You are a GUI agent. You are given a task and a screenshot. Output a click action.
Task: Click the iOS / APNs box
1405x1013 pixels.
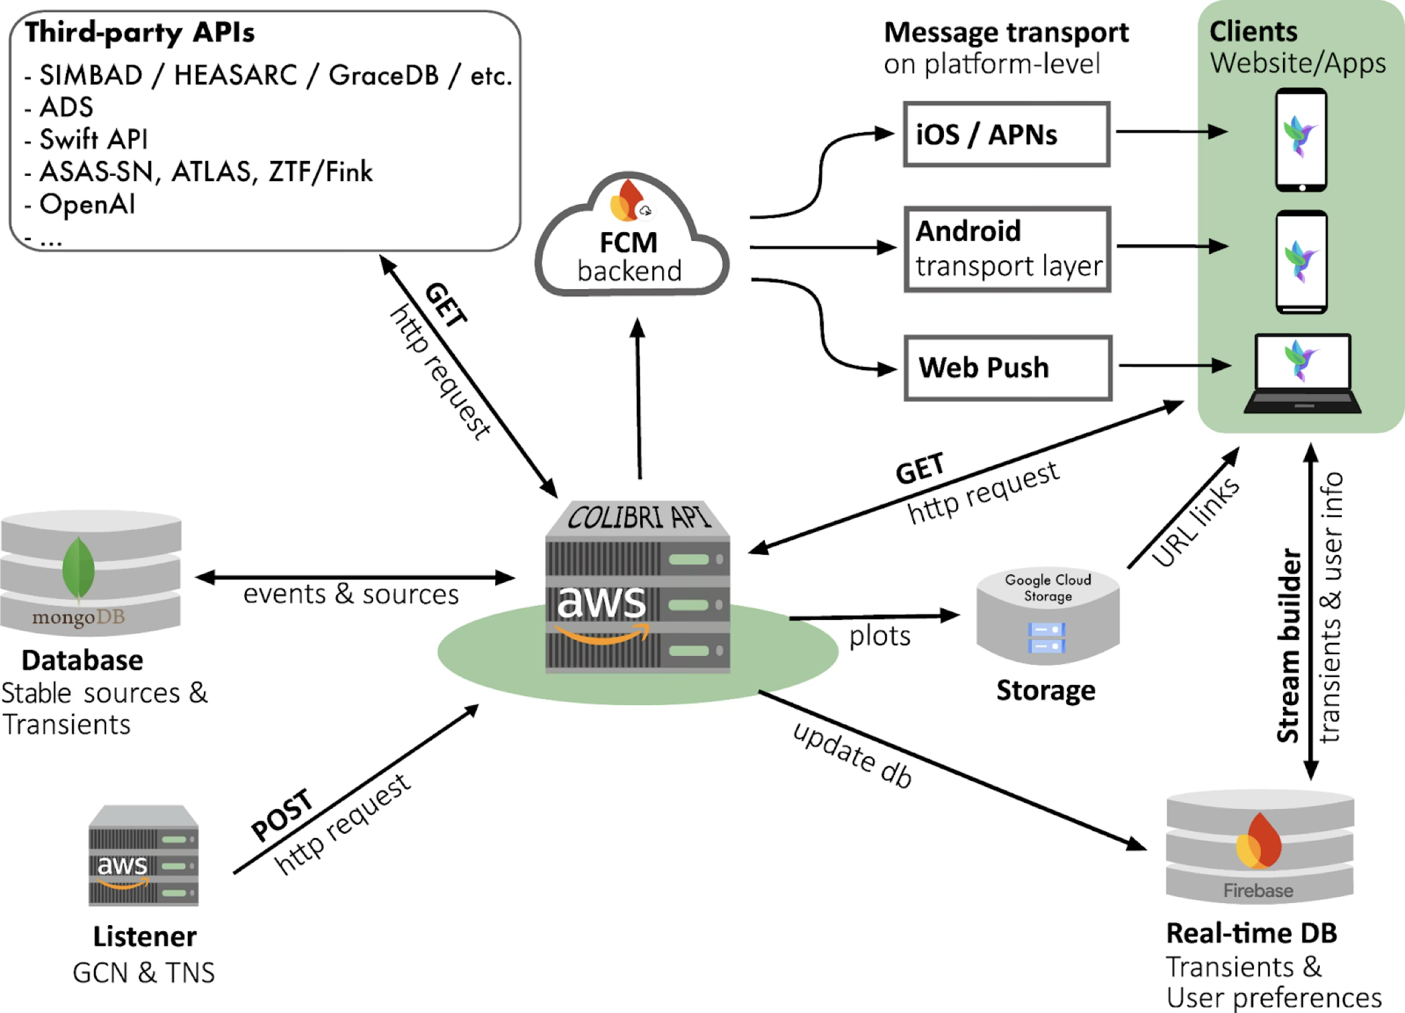[x=1006, y=134]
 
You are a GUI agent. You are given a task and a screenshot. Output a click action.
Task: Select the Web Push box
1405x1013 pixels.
[x=1008, y=368]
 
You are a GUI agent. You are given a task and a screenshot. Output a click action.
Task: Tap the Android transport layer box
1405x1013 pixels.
[x=1008, y=249]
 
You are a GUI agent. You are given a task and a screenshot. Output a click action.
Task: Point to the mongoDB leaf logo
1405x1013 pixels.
[x=79, y=568]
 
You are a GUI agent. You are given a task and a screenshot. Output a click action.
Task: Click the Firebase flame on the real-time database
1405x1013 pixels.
[x=1259, y=841]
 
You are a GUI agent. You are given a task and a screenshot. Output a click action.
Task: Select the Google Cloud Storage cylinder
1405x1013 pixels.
[x=1047, y=617]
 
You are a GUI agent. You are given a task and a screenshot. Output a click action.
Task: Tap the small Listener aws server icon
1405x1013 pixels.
[x=144, y=856]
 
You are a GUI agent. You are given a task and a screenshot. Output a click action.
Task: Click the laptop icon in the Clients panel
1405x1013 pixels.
[x=1302, y=373]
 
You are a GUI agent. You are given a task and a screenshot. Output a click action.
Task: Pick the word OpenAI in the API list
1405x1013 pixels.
[x=87, y=204]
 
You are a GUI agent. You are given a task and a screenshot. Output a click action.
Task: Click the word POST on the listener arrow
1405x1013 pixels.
[x=282, y=814]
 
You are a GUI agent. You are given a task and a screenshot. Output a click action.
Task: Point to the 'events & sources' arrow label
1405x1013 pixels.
[x=351, y=594]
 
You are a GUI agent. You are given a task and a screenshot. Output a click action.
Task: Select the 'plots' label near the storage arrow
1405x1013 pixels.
[x=880, y=636]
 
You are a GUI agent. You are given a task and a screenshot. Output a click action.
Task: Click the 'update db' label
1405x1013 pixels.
[x=853, y=755]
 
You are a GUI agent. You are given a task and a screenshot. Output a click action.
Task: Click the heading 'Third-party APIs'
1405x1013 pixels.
[x=140, y=32]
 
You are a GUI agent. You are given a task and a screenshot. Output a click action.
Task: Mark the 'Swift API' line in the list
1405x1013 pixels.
[x=93, y=140]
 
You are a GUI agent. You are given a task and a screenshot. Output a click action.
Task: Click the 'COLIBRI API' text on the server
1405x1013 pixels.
[x=637, y=518]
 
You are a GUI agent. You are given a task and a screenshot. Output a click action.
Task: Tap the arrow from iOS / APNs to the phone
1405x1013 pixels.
[x=1171, y=131]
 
